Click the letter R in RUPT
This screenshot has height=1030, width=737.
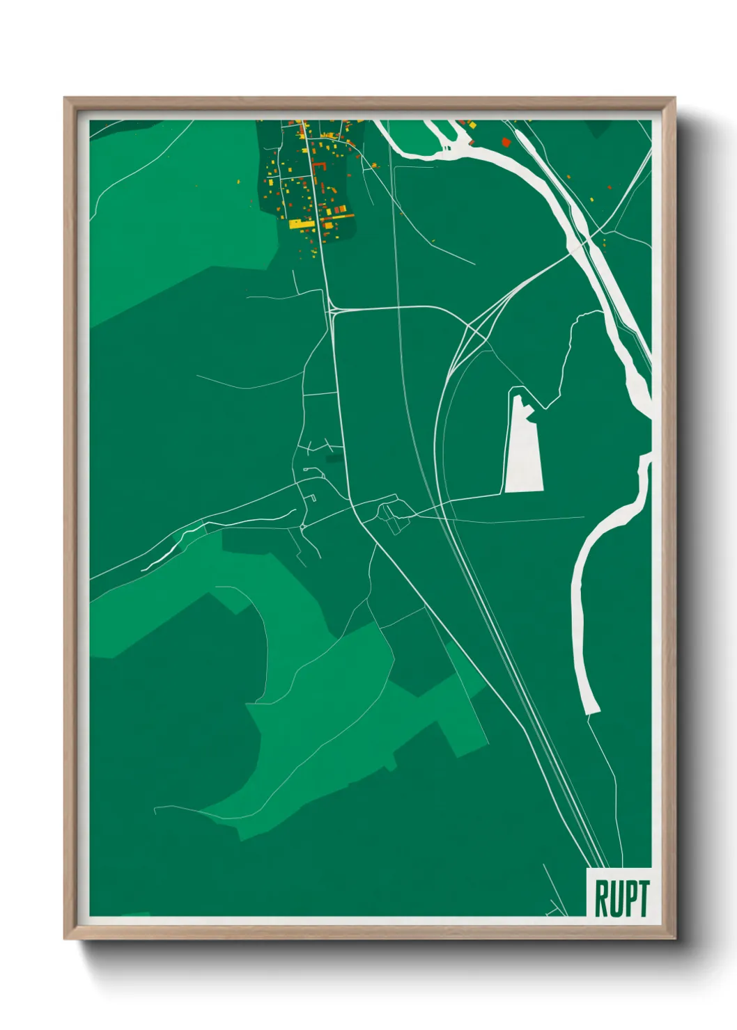point(600,898)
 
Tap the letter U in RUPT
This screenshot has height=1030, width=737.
point(614,898)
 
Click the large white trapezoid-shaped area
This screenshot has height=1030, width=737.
point(523,449)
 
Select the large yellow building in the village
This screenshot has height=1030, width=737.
point(301,224)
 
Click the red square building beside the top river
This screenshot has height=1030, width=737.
point(506,142)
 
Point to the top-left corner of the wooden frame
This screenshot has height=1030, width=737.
point(65,98)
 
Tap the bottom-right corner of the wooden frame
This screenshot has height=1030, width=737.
point(674,938)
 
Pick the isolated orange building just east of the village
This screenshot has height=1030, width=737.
point(374,165)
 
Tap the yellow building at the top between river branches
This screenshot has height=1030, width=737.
point(472,125)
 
